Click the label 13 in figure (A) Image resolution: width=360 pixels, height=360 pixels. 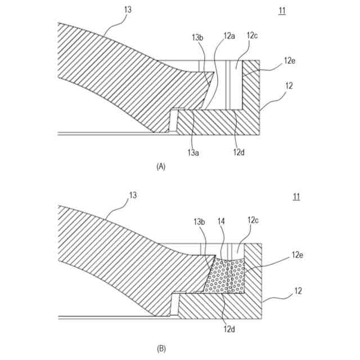(128, 10)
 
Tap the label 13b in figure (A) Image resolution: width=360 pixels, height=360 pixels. (197, 37)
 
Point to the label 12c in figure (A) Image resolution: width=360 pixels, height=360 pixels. (252, 35)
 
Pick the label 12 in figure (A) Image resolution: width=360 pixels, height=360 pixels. (289, 86)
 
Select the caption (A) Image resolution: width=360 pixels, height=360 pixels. (161, 166)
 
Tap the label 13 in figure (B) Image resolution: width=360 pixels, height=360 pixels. (133, 195)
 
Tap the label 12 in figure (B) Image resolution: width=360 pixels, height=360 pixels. (298, 291)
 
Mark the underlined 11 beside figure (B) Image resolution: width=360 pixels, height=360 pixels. (296, 196)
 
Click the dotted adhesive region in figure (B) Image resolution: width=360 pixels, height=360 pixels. (225, 277)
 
